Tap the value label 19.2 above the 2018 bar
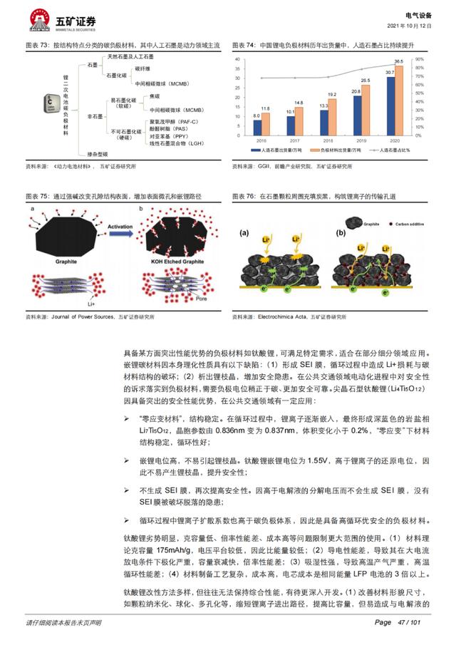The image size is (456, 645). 332,95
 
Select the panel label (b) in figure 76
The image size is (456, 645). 341,232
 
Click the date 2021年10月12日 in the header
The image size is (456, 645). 409,24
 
